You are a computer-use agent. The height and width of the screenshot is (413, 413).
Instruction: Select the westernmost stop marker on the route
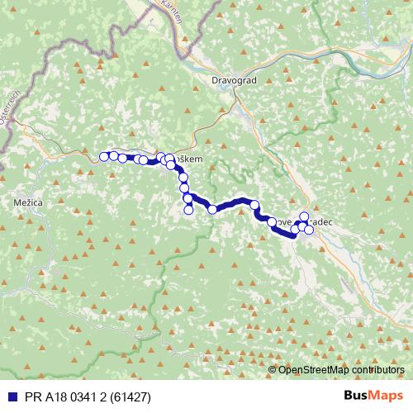pyautogui.click(x=104, y=156)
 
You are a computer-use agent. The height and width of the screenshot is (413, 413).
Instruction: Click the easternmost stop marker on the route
pyautogui.click(x=309, y=230)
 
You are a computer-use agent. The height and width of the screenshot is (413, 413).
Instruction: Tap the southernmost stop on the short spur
pyautogui.click(x=188, y=210)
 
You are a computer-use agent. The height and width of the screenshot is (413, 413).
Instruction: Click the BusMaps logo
pyautogui.click(x=375, y=396)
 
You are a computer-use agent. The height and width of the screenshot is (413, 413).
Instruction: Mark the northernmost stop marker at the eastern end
pyautogui.click(x=304, y=216)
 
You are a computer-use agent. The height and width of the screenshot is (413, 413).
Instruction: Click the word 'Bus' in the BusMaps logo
pyautogui.click(x=358, y=396)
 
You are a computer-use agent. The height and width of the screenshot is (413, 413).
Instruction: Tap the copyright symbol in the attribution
pyautogui.click(x=273, y=371)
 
